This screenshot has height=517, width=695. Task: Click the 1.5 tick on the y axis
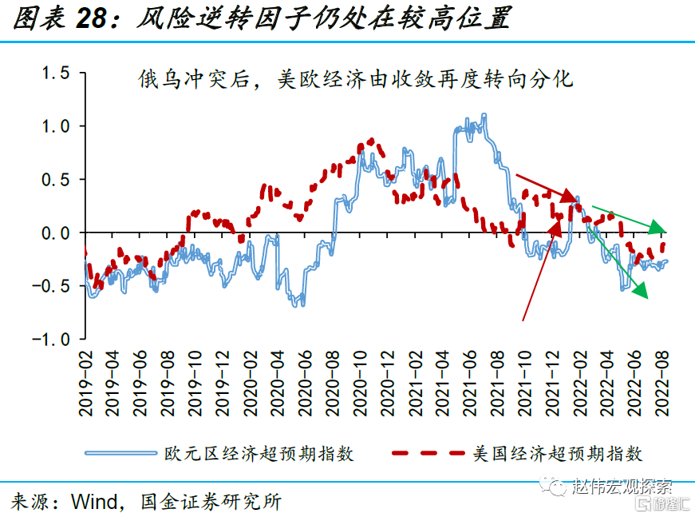(56, 74)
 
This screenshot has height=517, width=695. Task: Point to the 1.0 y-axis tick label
(56, 126)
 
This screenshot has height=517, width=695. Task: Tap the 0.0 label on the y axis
(56, 233)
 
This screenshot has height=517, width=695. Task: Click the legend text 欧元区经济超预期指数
(259, 454)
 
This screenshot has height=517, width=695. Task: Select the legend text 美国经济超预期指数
(558, 454)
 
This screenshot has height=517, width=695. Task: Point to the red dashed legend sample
(428, 454)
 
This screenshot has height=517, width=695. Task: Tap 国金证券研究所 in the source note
(211, 502)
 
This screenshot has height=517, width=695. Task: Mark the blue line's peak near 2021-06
(484, 116)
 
